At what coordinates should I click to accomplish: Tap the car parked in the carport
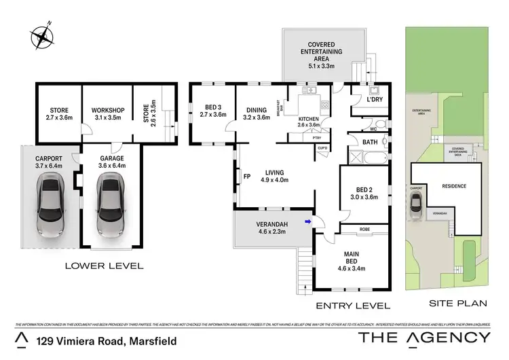click(x=50, y=204)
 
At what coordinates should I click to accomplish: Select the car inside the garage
click(x=109, y=204)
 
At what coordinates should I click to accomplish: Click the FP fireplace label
click(x=246, y=179)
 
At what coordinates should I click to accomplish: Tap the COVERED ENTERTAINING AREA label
click(x=323, y=51)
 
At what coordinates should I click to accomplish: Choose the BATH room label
click(x=370, y=142)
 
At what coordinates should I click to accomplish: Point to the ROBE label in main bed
click(x=364, y=230)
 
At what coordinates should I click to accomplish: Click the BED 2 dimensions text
click(x=362, y=197)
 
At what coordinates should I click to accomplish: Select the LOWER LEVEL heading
click(x=104, y=266)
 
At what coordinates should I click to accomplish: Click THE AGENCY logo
click(x=423, y=338)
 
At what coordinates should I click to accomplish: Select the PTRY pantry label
click(x=316, y=138)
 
